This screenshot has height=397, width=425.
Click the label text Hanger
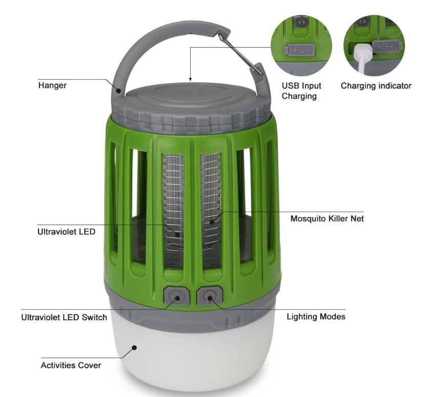click(x=52, y=85)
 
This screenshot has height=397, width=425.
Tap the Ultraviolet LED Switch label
click(x=64, y=317)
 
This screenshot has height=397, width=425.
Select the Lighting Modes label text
click(x=316, y=317)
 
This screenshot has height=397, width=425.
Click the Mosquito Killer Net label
click(x=327, y=218)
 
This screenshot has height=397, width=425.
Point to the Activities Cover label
click(x=71, y=365)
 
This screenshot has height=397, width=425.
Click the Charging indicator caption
click(x=376, y=86)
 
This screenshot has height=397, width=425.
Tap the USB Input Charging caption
click(x=301, y=91)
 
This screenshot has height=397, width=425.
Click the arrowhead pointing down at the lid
click(x=190, y=79)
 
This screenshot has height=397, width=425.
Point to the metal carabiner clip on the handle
click(x=240, y=54)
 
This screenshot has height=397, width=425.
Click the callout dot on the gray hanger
click(x=118, y=91)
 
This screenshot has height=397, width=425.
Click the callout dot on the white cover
click(x=134, y=347)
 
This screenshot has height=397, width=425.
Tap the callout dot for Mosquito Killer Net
click(x=212, y=222)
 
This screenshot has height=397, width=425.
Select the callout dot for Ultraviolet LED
click(x=177, y=235)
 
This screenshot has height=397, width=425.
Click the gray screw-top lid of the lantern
click(x=191, y=108)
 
